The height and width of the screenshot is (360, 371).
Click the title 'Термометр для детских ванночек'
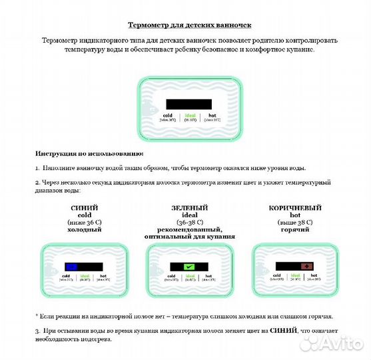(189, 25)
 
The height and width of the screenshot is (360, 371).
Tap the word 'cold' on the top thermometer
(167, 115)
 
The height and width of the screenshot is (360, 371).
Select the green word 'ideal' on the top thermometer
(189, 115)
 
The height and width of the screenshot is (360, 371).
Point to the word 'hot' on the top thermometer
(212, 115)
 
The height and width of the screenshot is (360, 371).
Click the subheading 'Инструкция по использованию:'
(85, 153)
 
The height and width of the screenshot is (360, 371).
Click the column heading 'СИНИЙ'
(85, 207)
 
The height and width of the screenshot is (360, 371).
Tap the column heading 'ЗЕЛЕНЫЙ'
(189, 207)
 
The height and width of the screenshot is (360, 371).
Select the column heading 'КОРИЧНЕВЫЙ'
(290, 207)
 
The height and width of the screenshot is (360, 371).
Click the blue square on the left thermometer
(71, 266)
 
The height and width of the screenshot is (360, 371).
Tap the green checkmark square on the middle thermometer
(189, 267)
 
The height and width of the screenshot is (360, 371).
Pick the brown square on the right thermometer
(308, 266)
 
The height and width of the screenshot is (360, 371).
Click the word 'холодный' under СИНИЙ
(85, 229)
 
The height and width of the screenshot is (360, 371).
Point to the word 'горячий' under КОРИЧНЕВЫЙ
(290, 229)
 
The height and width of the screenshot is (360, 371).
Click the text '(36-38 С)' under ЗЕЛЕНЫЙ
(189, 221)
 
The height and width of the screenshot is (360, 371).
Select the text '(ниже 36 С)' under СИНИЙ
(85, 221)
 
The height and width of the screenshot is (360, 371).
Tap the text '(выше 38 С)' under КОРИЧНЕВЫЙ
(290, 221)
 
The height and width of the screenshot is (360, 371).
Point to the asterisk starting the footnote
(37, 315)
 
